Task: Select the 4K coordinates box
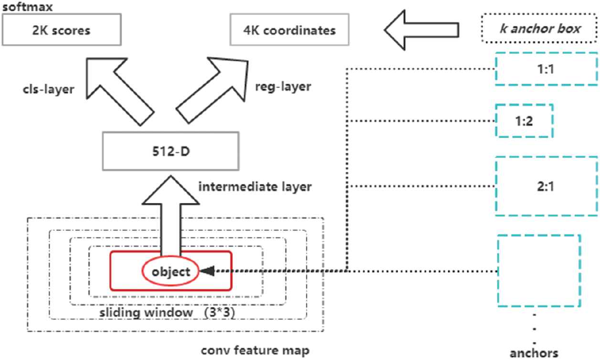click(x=289, y=31)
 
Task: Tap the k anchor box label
click(x=540, y=28)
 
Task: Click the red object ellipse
click(x=171, y=272)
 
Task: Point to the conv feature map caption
click(x=255, y=351)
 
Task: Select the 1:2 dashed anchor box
click(x=524, y=121)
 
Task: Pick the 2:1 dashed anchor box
click(x=547, y=185)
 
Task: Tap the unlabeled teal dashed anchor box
click(x=539, y=270)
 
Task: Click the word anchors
click(x=534, y=353)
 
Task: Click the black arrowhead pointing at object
click(x=206, y=271)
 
